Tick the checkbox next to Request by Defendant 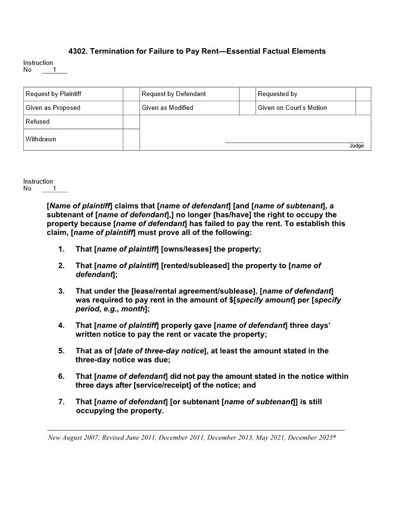(x=247, y=94)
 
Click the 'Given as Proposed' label (x=53, y=108)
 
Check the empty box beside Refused (x=131, y=122)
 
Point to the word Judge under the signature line (x=357, y=146)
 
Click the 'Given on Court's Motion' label (x=292, y=108)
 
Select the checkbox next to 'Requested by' (x=363, y=94)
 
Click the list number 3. (x=61, y=291)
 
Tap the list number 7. (x=61, y=402)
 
